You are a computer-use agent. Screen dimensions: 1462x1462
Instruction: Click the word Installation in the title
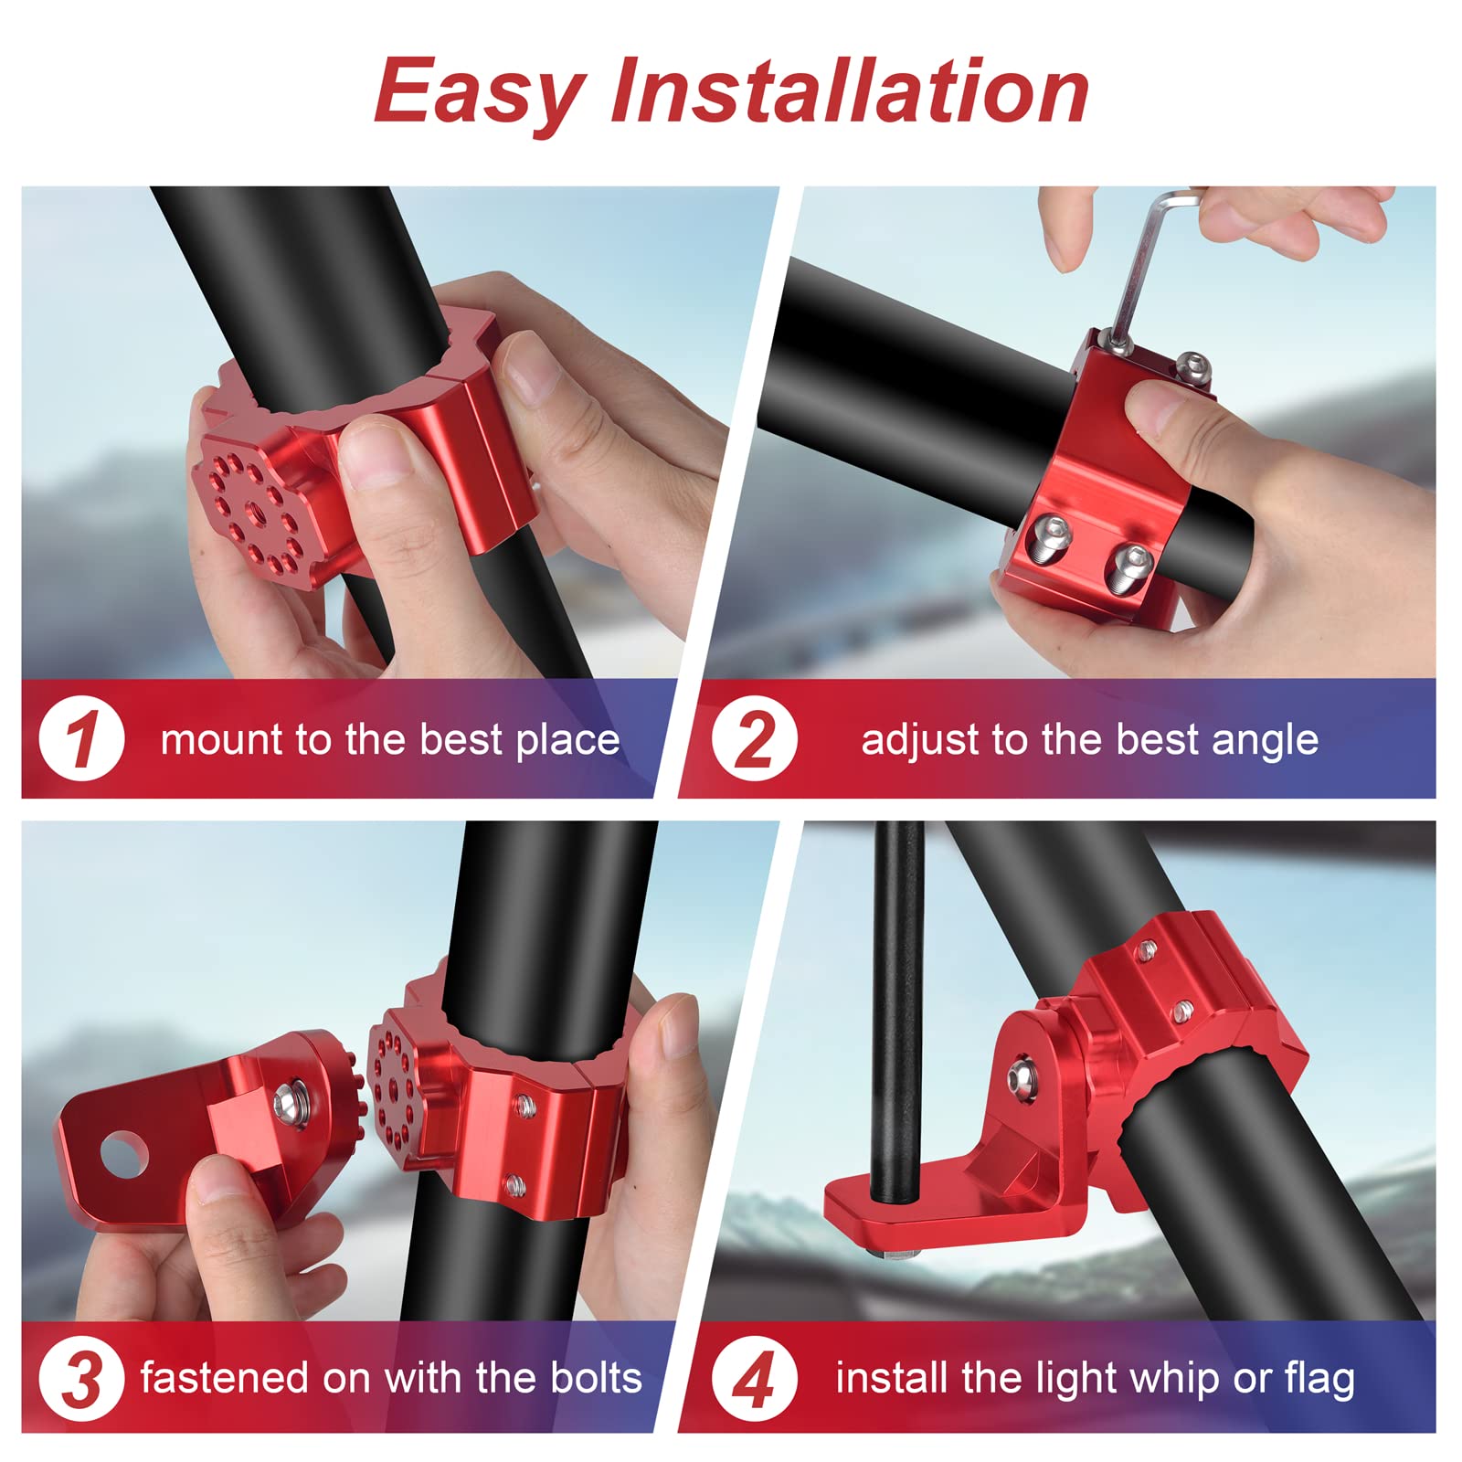click(x=850, y=91)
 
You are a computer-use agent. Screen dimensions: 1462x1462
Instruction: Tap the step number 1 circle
click(x=81, y=738)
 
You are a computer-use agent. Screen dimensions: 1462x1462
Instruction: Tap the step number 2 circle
click(x=755, y=738)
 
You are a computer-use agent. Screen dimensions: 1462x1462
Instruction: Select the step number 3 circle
click(x=81, y=1379)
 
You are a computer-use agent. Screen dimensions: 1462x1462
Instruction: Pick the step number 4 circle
click(x=755, y=1379)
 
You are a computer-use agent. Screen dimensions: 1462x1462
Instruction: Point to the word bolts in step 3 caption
click(x=596, y=1378)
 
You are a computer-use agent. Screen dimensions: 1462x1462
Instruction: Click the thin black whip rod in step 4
click(x=897, y=1005)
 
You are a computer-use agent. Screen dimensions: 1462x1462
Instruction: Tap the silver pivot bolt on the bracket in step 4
click(x=1021, y=1076)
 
